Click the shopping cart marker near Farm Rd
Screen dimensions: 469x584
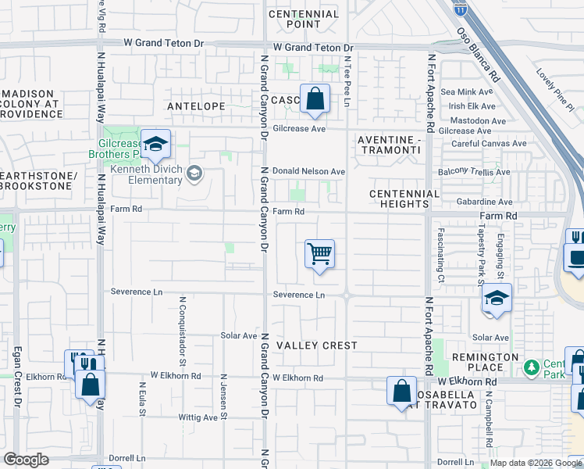point(319,254)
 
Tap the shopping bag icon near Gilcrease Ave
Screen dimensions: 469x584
point(315,99)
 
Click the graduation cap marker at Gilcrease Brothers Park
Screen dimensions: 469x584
point(156,144)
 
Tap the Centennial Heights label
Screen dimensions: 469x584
point(404,199)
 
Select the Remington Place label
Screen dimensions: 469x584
point(490,362)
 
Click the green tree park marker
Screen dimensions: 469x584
point(532,367)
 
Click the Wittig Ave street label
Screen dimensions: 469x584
point(198,417)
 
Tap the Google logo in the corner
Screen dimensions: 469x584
point(27,460)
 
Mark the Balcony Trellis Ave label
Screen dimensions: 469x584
point(475,172)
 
